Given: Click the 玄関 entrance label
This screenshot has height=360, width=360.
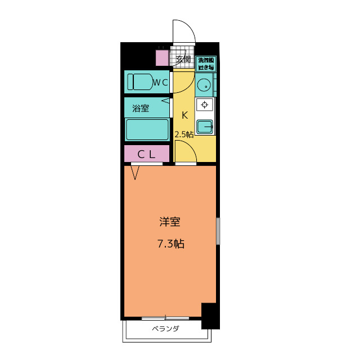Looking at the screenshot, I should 183,59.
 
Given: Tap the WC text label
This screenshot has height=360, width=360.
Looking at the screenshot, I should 161,83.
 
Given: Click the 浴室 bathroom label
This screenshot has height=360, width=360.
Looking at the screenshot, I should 141,107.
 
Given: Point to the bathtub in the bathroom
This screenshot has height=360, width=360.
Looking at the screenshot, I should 147,129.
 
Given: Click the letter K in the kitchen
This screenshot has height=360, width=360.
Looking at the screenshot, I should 184,115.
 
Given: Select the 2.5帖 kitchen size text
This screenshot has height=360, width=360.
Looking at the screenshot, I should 184,134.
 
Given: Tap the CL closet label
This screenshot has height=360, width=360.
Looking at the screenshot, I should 147,154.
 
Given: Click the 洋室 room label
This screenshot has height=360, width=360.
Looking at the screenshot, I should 169,222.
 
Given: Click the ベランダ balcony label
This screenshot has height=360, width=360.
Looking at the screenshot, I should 165,329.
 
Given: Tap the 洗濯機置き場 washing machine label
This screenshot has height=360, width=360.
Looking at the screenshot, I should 206,64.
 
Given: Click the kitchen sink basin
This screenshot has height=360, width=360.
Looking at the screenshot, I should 205,127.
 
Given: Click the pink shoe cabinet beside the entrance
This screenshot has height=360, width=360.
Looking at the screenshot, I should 162,58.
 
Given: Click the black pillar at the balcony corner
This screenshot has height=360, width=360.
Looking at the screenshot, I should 210,316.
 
